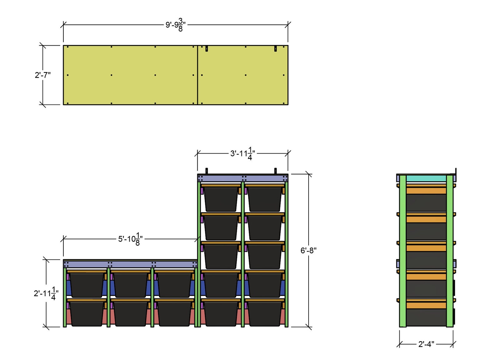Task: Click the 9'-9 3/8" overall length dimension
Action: [176, 25]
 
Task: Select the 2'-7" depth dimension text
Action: [43, 75]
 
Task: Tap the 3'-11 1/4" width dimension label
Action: [243, 154]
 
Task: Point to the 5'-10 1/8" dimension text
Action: [130, 239]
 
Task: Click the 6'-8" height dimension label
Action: [308, 250]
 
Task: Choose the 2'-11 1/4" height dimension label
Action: [46, 293]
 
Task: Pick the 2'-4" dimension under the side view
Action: [426, 344]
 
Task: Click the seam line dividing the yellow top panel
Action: [197, 75]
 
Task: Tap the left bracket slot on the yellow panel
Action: [206, 49]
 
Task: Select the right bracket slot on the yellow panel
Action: [275, 49]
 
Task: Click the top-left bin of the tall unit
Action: [221, 199]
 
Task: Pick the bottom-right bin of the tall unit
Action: [265, 313]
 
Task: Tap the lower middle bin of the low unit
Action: [131, 313]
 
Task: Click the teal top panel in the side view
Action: [426, 178]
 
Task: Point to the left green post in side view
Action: [403, 250]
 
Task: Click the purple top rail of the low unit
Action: [130, 264]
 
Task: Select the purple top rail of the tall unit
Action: [243, 178]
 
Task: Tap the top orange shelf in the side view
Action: [426, 190]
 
